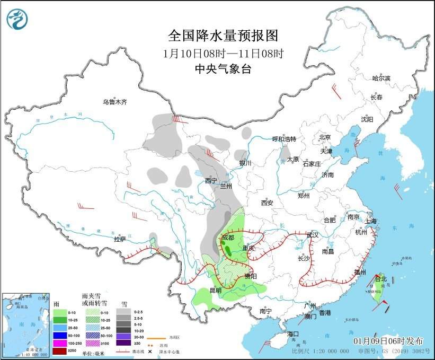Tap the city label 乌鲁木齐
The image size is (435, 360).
(x=115, y=102)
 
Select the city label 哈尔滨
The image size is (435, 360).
(x=380, y=78)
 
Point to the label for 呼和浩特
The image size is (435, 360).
(x=284, y=139)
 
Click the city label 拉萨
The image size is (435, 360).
(x=120, y=239)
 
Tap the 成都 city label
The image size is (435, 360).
(x=227, y=238)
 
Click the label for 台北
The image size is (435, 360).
(x=381, y=278)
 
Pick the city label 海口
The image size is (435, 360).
(x=294, y=334)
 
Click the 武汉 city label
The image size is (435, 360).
(x=312, y=235)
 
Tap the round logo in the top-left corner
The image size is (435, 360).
(x=17, y=20)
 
